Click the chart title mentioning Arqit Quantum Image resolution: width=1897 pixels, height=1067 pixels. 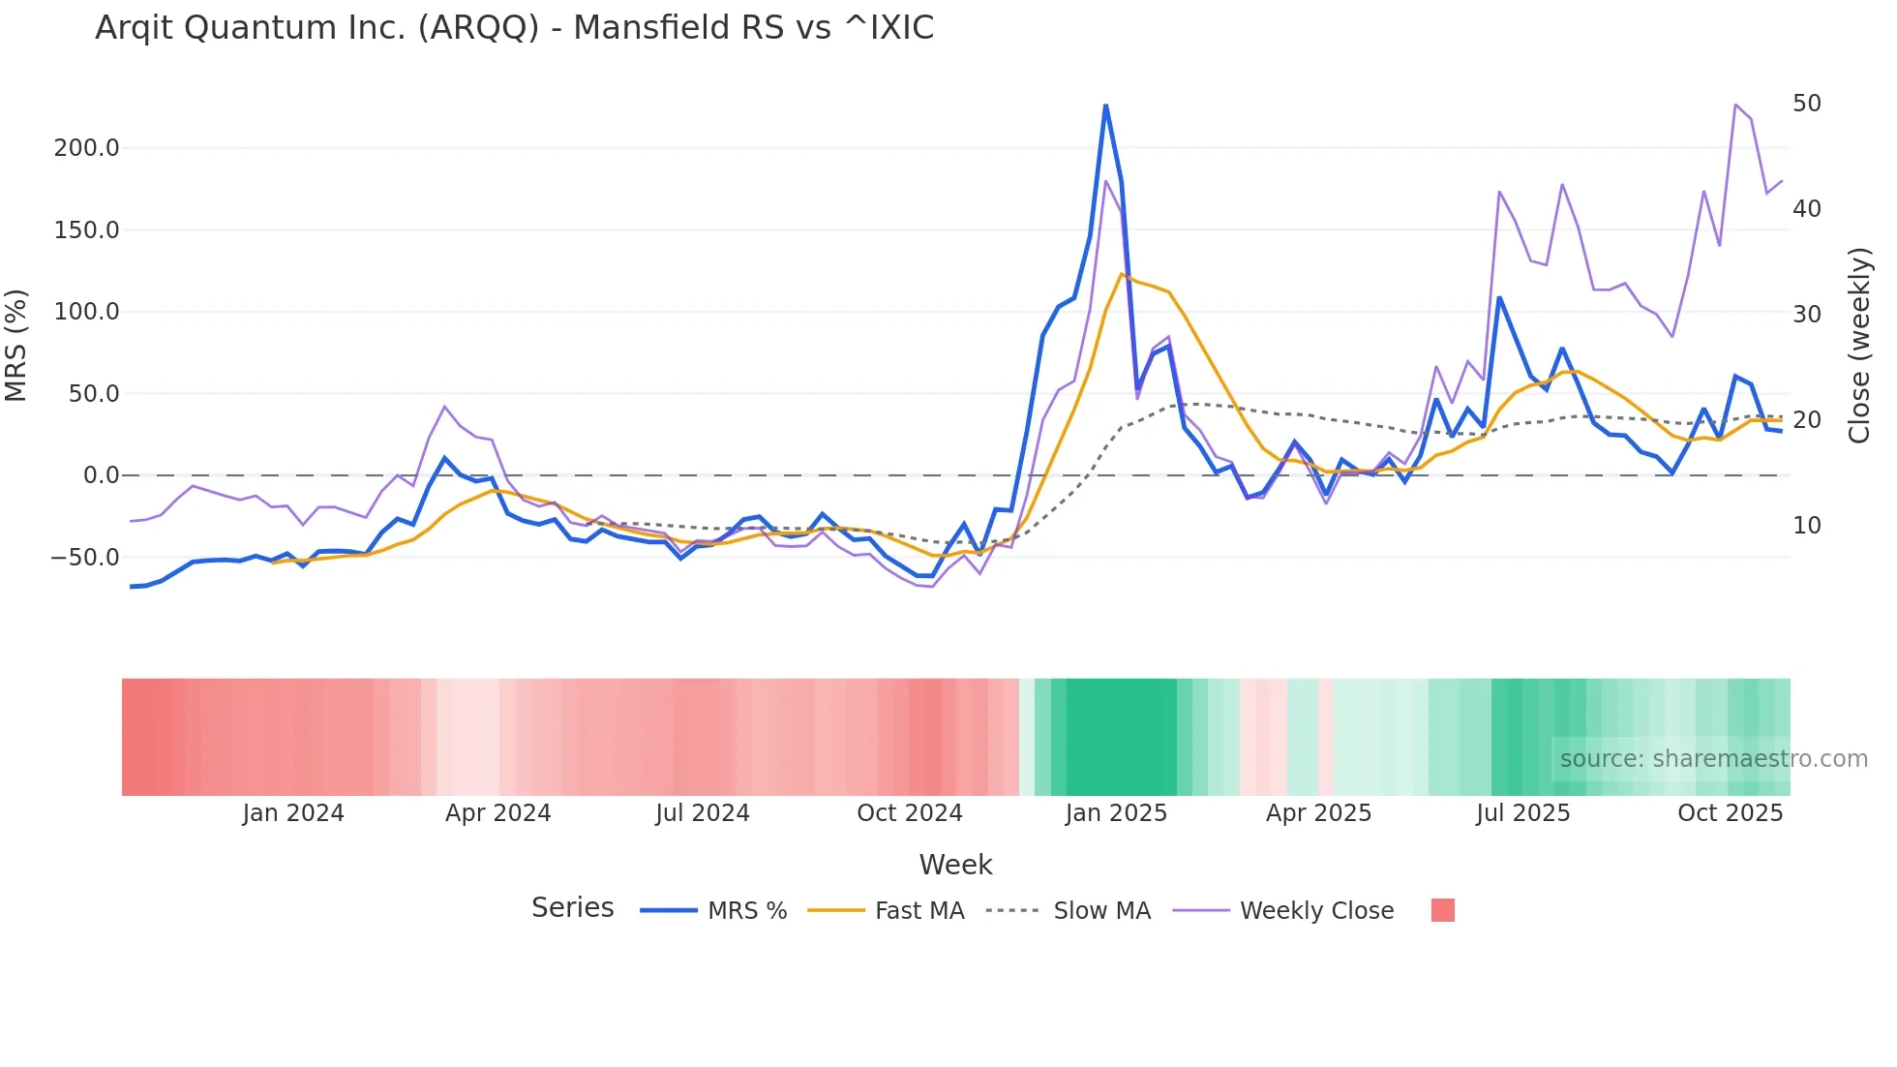pyautogui.click(x=514, y=28)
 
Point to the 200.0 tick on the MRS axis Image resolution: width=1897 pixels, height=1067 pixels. pyautogui.click(x=86, y=148)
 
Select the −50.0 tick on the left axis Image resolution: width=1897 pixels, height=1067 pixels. pyautogui.click(x=84, y=558)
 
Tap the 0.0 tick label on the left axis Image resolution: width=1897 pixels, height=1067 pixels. pyautogui.click(x=101, y=475)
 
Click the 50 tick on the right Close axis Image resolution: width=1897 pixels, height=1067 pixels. pyautogui.click(x=1806, y=104)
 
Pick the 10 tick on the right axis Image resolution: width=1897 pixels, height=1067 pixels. pyautogui.click(x=1806, y=526)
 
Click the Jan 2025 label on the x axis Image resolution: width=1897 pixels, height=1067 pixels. pyautogui.click(x=1115, y=813)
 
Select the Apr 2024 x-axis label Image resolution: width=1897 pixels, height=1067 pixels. pyautogui.click(x=497, y=813)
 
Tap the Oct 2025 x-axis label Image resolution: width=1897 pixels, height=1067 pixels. pyautogui.click(x=1730, y=813)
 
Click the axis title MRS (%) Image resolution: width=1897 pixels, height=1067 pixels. pyautogui.click(x=16, y=345)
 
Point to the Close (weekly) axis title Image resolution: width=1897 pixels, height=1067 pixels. pyautogui.click(x=1858, y=346)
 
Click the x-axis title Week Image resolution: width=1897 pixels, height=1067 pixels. pyautogui.click(x=955, y=865)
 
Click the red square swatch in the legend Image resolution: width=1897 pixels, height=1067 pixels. pyautogui.click(x=1442, y=910)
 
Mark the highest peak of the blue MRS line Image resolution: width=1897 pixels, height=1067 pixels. pyautogui.click(x=1105, y=106)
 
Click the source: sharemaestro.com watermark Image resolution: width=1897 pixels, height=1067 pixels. pyautogui.click(x=1713, y=759)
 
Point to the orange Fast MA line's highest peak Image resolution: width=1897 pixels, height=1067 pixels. pyautogui.click(x=1122, y=274)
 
